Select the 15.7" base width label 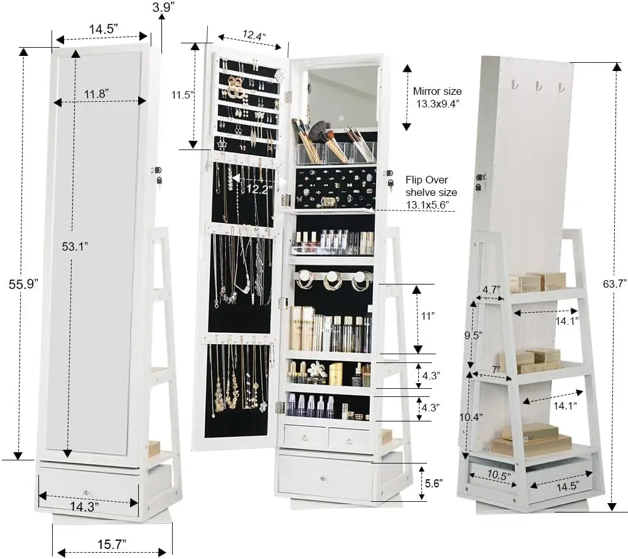(x=112, y=542)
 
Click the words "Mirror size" (x=437, y=92)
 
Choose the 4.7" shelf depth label (x=490, y=290)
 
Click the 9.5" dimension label (x=474, y=335)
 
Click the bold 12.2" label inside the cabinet (x=258, y=188)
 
